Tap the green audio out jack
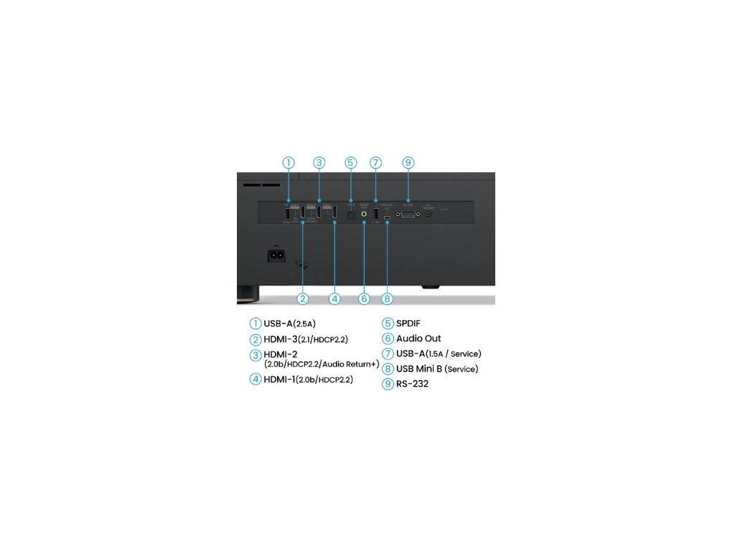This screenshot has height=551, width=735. click(364, 213)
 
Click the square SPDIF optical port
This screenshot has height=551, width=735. click(350, 214)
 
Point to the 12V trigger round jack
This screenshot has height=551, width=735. click(429, 213)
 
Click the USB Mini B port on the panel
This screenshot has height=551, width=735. click(387, 215)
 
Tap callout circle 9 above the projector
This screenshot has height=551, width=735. click(408, 163)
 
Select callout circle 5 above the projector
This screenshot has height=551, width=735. click(350, 163)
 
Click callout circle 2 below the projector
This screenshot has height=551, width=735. click(303, 298)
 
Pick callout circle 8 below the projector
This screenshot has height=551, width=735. click(388, 298)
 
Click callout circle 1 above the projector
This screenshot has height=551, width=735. click(288, 163)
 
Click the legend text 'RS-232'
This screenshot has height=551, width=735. click(412, 384)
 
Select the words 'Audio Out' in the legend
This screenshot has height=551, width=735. click(418, 339)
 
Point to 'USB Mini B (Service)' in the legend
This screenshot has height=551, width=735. click(436, 369)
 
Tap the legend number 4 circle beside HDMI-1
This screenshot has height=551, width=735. click(256, 380)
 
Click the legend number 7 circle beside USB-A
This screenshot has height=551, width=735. click(388, 354)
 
